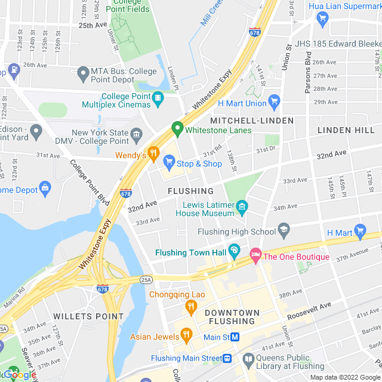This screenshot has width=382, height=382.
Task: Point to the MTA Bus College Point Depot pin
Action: (x=84, y=74)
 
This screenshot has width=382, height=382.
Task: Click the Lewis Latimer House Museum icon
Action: (x=242, y=208)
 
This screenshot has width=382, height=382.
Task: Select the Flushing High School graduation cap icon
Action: (x=284, y=231)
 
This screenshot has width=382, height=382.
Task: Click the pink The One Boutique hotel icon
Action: (x=256, y=255)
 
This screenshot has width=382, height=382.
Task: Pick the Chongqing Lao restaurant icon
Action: (x=191, y=307)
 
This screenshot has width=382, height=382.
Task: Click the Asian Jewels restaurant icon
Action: (x=186, y=335)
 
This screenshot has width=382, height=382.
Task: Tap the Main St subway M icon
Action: (x=235, y=336)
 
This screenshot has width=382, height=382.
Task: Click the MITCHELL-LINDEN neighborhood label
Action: (x=252, y=121)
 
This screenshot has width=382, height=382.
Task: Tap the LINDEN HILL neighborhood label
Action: (x=346, y=130)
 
